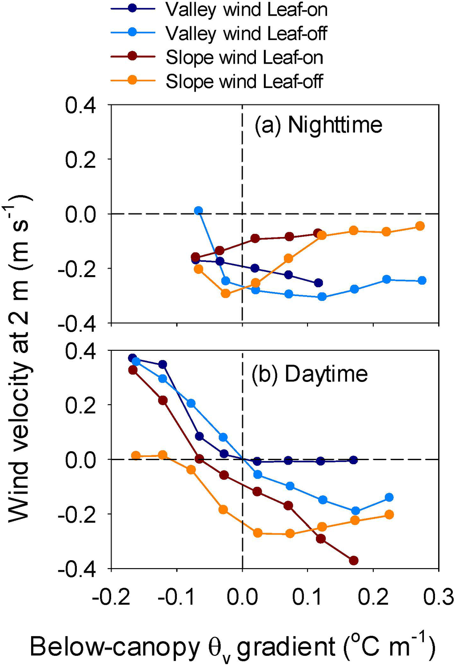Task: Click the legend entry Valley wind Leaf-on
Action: pos(246,10)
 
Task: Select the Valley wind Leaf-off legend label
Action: pos(246,34)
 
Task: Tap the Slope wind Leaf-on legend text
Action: pos(244,58)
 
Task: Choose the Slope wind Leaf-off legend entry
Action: pos(244,82)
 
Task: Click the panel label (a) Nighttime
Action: pos(318,125)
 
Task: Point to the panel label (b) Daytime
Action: pos(310,374)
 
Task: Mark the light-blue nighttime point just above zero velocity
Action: pos(199,211)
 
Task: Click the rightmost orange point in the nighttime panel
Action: pos(419,226)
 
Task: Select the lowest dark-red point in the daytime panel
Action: pos(354,561)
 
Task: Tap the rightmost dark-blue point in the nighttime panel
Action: pos(318,283)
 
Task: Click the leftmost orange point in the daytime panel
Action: pos(136,456)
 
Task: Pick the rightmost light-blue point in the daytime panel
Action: pos(389,497)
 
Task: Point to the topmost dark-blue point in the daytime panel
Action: pos(132,358)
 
